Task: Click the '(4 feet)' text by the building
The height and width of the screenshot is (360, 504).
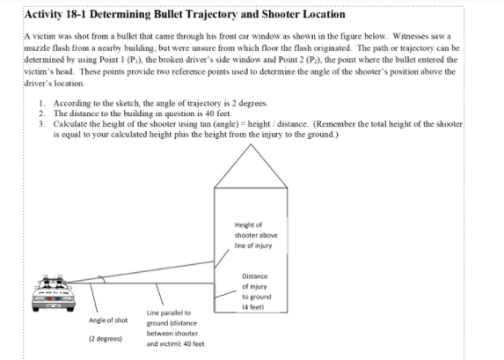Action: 254,306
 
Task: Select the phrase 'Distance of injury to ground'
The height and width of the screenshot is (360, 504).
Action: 254,288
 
